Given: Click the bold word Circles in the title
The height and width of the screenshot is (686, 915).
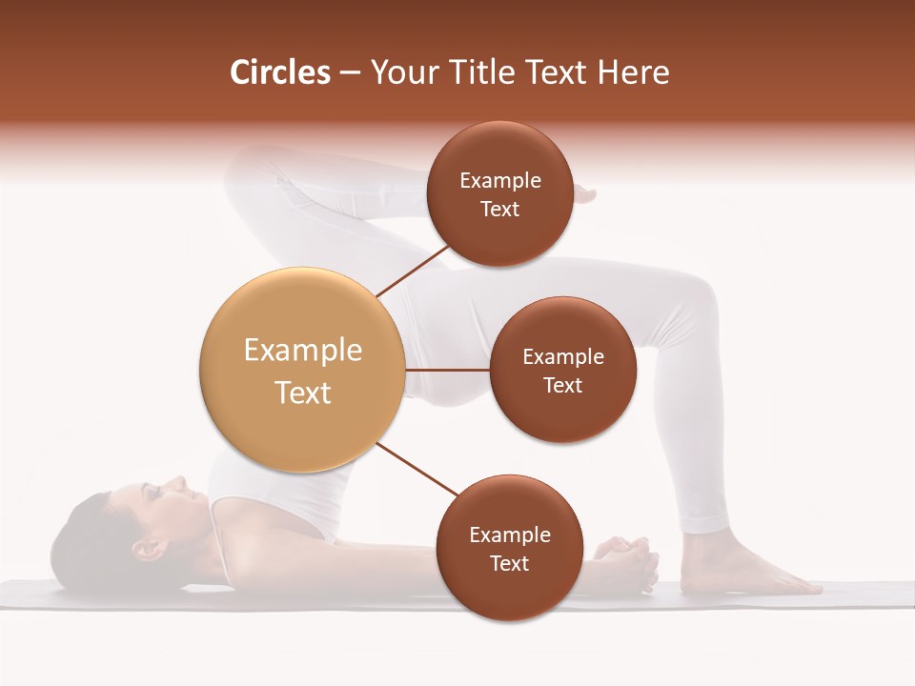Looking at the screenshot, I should pos(279,72).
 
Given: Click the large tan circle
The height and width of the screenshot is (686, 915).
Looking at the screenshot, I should pos(302,370).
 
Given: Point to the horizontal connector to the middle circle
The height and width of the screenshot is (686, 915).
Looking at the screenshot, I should pos(448,370).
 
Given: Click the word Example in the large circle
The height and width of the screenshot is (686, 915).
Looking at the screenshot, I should pos(302,351).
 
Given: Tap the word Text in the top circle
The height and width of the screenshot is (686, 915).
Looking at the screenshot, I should pos(499,210).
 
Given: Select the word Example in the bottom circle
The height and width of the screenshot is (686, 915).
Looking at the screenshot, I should pos(509,535).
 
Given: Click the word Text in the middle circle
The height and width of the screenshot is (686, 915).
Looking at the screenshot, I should pos(562,386).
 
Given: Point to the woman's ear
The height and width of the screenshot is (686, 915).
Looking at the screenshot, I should pos(144,549).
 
